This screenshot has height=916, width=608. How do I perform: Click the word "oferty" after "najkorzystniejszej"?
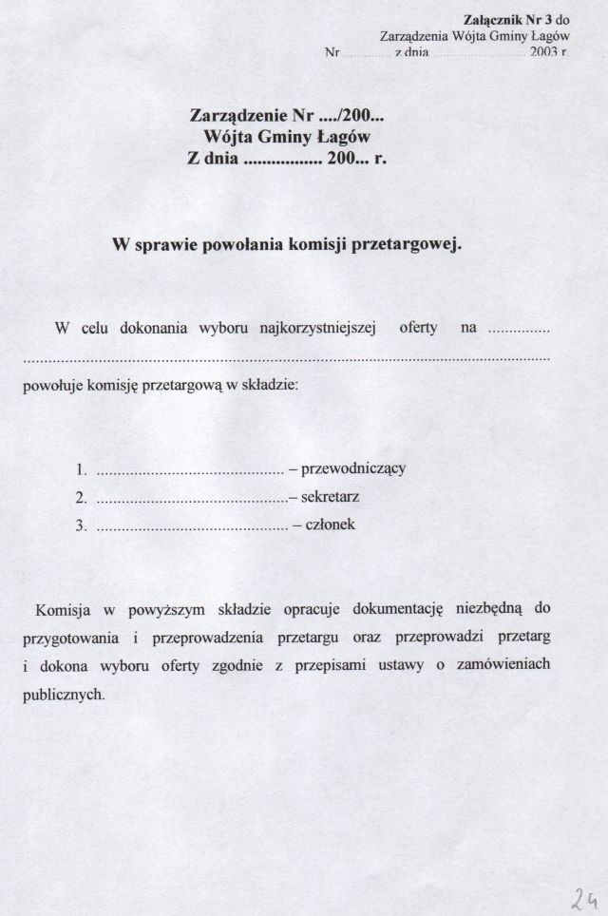click(x=418, y=329)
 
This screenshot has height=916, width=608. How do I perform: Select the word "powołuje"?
click(x=47, y=387)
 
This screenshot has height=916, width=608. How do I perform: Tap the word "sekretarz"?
click(x=330, y=496)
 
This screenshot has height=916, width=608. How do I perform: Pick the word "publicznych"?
click(x=63, y=696)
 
